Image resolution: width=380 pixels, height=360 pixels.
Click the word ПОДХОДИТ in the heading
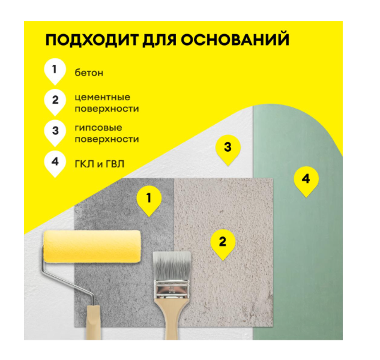click(92, 40)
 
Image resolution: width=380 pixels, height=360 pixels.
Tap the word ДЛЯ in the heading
click(159, 40)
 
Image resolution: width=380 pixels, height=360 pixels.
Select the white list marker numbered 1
click(55, 71)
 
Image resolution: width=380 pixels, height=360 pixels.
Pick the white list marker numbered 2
click(55, 102)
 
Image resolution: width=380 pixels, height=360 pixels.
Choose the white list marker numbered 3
click(55, 133)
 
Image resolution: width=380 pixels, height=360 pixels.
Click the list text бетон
click(89, 73)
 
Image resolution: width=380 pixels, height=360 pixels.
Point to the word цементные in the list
click(103, 97)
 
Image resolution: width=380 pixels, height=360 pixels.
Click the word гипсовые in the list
click(98, 128)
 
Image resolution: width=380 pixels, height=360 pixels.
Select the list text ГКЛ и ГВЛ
click(100, 164)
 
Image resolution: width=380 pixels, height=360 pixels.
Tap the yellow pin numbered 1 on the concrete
click(149, 201)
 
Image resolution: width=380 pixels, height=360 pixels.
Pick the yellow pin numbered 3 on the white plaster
click(228, 150)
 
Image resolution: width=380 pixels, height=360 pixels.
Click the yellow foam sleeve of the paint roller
click(92, 247)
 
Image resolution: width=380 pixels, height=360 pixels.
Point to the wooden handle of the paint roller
click(93, 322)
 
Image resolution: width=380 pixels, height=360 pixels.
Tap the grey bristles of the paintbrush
click(172, 266)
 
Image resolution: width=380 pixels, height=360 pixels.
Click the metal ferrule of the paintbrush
click(172, 289)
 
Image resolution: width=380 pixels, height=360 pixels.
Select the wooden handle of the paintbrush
click(172, 319)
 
